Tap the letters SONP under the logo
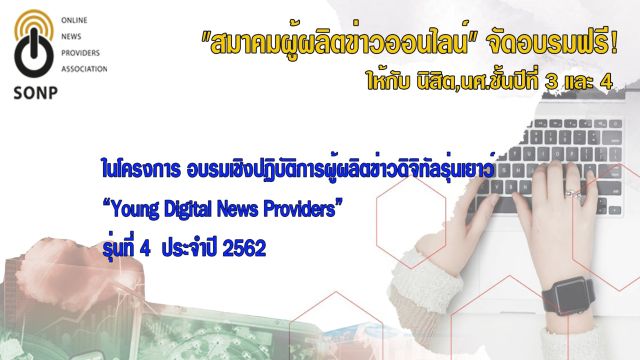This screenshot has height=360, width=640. [36, 93]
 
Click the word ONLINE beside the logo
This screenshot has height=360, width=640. [74, 20]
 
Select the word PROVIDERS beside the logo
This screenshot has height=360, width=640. [80, 53]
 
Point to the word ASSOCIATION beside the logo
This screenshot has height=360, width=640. [84, 69]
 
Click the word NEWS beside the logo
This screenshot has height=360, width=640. [71, 37]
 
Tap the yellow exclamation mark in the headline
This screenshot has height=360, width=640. [614, 44]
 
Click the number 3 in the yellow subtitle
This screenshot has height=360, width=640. [551, 82]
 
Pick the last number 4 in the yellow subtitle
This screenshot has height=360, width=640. [607, 82]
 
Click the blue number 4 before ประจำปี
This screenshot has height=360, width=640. [144, 248]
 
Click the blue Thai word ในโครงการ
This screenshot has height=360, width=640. [141, 169]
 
